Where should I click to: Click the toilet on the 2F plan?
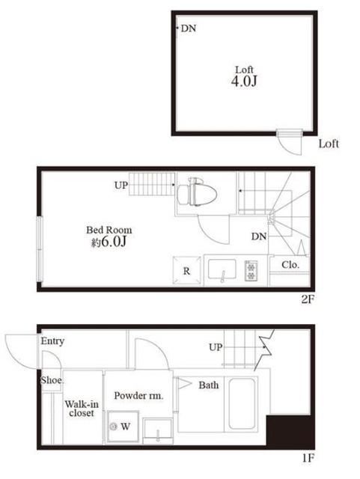tap(197, 192)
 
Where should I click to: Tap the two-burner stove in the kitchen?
tap(251, 270)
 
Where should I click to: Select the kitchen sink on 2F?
tap(222, 269)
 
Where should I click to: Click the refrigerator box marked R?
tap(186, 270)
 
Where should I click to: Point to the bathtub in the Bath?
tap(242, 404)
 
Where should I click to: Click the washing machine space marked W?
tap(122, 426)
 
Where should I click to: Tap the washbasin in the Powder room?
tap(158, 430)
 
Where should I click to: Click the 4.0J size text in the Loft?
tap(244, 82)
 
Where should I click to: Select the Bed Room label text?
tap(109, 230)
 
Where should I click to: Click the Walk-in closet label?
tap(82, 409)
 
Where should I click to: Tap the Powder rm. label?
tap(138, 396)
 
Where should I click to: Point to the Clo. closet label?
tap(290, 264)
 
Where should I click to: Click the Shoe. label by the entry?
tap(52, 380)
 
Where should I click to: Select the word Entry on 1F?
tap(52, 341)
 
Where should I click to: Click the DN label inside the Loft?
tap(189, 28)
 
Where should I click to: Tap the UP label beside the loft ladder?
tap(121, 185)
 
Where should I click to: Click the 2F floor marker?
tap(308, 299)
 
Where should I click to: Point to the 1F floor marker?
tap(308, 458)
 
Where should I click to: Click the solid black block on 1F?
tap(290, 431)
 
